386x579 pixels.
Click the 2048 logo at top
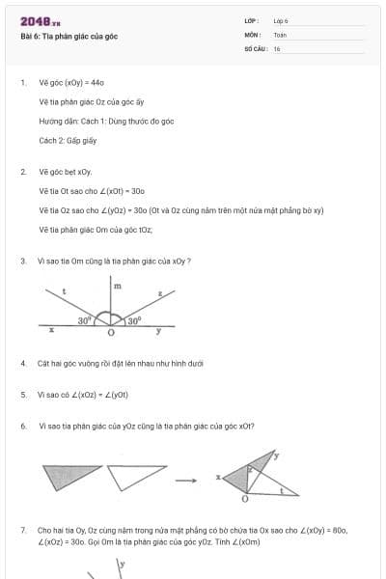pos(40,21)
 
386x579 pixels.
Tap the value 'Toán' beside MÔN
pos(280,34)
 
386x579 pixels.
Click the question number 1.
pos(22,83)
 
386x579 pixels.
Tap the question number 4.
pos(22,363)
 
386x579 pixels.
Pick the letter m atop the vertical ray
pos(118,287)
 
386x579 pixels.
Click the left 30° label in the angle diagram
pos(84,319)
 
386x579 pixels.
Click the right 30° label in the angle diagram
pos(135,319)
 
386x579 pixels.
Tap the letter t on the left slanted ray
pos(64,290)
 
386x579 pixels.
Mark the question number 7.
pos(22,530)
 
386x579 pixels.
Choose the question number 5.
pos(22,395)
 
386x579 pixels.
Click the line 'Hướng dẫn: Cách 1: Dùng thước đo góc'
pos(106,121)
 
